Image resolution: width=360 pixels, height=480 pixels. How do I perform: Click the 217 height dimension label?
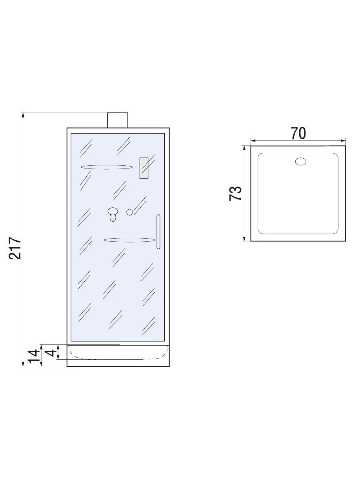(15, 248)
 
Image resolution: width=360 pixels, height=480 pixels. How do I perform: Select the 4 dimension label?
(51, 353)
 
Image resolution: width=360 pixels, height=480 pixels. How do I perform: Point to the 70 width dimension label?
(298, 133)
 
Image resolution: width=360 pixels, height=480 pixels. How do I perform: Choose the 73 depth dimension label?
(235, 193)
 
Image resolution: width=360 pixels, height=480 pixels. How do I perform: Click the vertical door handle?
(158, 232)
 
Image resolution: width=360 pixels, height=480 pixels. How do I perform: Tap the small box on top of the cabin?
(118, 120)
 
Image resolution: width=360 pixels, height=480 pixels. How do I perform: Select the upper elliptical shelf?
(107, 167)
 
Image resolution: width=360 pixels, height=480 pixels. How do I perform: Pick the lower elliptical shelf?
(129, 240)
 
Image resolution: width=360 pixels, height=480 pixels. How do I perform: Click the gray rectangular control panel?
(144, 168)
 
